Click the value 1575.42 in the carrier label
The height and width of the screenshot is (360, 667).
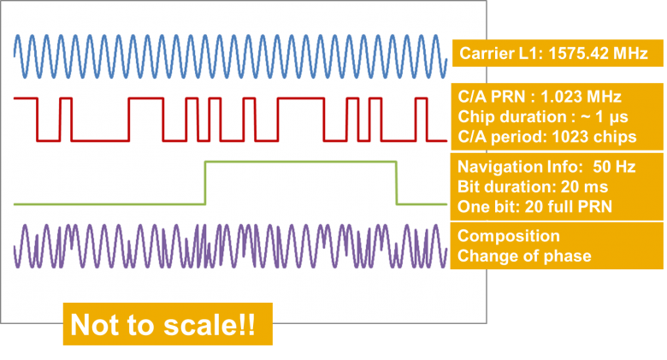click(574, 53)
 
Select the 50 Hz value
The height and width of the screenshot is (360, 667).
click(614, 167)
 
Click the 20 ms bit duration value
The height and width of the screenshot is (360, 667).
click(584, 186)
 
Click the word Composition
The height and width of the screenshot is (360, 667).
click(509, 236)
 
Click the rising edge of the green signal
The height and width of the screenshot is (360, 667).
click(205, 183)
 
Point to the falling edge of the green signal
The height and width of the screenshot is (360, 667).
click(397, 183)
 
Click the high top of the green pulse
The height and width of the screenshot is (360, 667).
click(301, 162)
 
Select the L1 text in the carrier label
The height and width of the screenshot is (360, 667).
click(528, 53)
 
